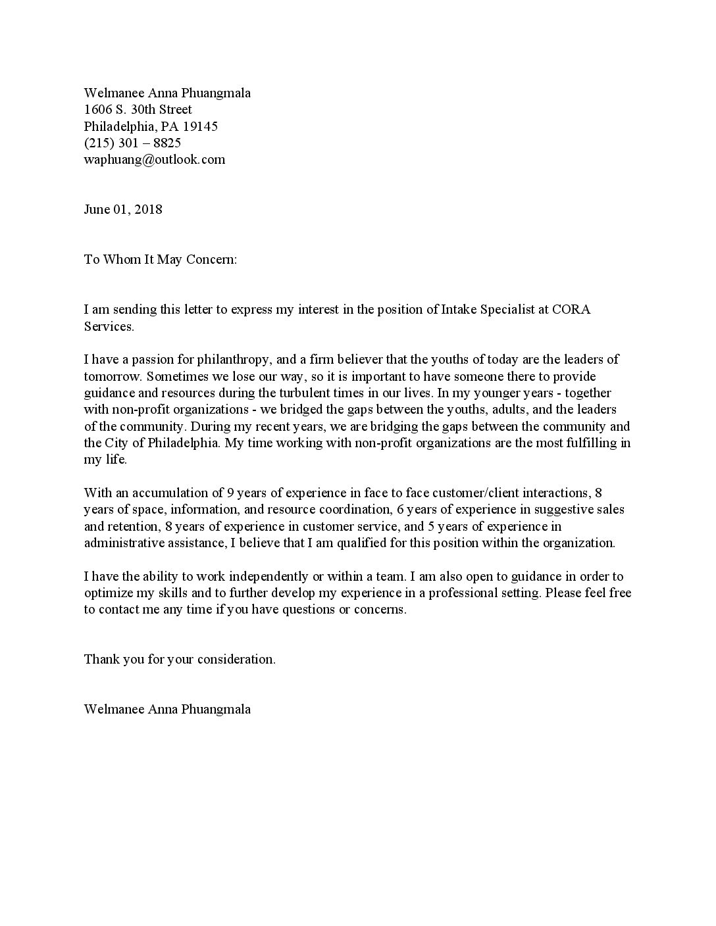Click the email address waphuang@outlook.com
154,160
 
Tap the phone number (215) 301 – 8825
132,143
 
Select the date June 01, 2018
123,210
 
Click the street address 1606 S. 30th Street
138,110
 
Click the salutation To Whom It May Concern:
160,260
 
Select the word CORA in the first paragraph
571,310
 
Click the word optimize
107,593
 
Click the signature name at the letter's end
167,710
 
